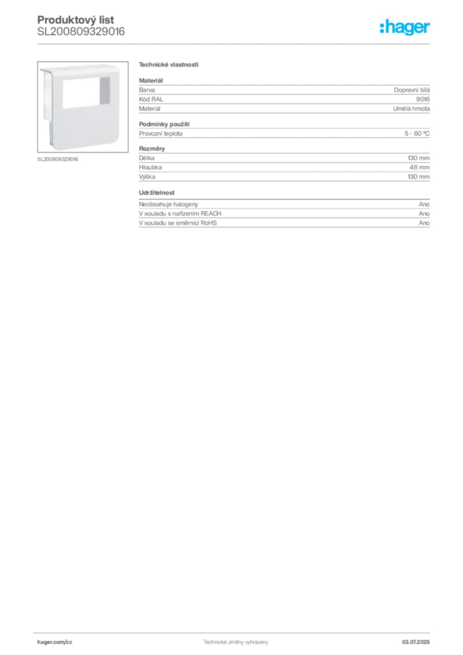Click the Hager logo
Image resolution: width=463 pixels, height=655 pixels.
tap(405, 27)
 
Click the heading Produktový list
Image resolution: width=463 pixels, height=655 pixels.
tap(75, 20)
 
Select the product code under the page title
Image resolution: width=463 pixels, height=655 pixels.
tap(81, 32)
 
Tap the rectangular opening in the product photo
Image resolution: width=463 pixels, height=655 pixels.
tap(86, 93)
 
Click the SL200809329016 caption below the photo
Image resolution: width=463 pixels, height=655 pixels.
tap(58, 159)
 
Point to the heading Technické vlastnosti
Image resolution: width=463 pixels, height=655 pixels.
tap(169, 65)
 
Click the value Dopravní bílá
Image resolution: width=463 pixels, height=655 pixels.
tap(412, 90)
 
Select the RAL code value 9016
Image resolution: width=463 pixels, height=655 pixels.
tap(423, 99)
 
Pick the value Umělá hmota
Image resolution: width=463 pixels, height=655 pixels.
tap(411, 109)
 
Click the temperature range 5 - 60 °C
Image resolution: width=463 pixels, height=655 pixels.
tap(417, 133)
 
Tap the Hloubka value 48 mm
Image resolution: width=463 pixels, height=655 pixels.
tap(420, 167)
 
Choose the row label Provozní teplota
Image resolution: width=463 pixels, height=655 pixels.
tap(161, 134)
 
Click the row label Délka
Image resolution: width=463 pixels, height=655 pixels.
tap(146, 158)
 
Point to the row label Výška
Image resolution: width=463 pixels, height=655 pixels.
tap(147, 177)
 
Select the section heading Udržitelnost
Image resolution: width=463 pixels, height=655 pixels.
tap(157, 193)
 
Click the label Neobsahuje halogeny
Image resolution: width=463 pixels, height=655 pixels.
tap(168, 204)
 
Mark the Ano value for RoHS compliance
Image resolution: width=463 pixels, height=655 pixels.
tap(424, 223)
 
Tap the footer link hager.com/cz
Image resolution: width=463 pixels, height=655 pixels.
tap(55, 642)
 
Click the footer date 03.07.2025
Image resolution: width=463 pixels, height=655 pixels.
tap(416, 642)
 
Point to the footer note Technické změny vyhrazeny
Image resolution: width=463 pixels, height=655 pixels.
tap(236, 642)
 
